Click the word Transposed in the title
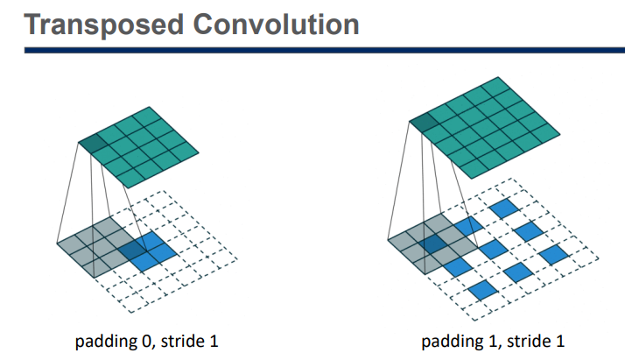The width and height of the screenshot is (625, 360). click(95, 24)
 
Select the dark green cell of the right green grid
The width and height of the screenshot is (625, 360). click(423, 126)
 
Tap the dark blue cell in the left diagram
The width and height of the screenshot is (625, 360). click(134, 251)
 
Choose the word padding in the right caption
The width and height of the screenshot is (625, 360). click(458, 340)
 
